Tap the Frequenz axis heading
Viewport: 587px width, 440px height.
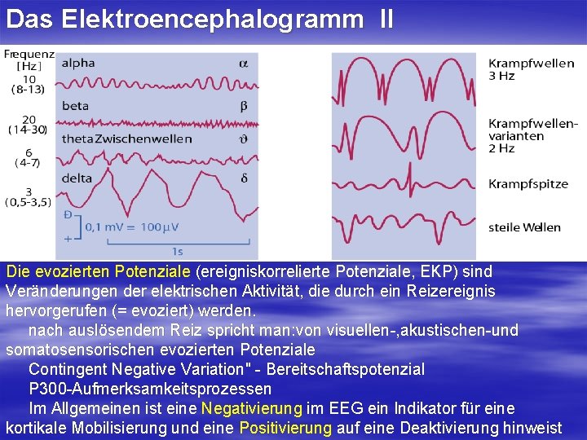pyautogui.click(x=29, y=55)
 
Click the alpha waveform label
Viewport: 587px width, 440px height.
pyautogui.click(x=78, y=63)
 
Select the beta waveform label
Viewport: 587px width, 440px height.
pyautogui.click(x=75, y=104)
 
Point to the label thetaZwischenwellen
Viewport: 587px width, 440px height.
pyautogui.click(x=126, y=139)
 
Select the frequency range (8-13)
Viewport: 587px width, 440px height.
pyautogui.click(x=29, y=89)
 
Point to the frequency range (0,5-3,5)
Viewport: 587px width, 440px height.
pyautogui.click(x=29, y=202)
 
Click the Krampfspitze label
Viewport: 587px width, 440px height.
pyautogui.click(x=528, y=184)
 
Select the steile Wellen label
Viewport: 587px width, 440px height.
pyautogui.click(x=525, y=227)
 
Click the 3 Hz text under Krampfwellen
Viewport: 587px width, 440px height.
pyautogui.click(x=501, y=76)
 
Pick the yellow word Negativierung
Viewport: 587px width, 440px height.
pyautogui.click(x=251, y=407)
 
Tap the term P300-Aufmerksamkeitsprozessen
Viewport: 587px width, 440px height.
pyautogui.click(x=150, y=389)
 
